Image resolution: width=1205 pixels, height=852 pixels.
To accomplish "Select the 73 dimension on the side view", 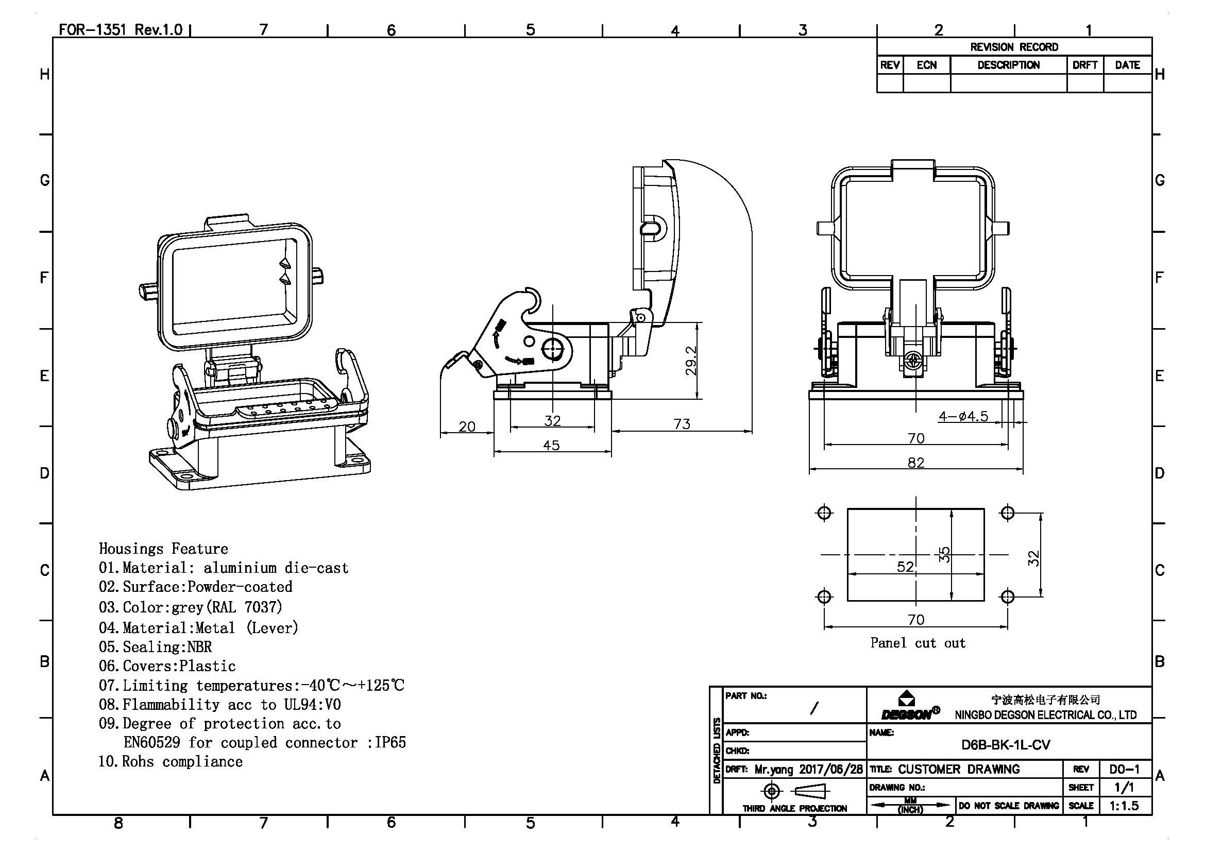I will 682,423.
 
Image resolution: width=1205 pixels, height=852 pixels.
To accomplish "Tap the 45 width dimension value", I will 551,445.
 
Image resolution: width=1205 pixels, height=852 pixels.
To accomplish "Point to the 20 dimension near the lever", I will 467,426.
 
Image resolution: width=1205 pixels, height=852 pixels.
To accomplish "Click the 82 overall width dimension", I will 916,462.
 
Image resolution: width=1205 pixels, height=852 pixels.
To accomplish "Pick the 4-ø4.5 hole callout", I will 963,416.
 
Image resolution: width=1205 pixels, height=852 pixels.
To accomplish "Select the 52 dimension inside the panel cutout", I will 905,566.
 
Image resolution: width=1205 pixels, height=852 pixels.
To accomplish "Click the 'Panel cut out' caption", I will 918,643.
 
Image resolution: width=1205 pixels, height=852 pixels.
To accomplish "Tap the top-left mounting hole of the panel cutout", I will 824,513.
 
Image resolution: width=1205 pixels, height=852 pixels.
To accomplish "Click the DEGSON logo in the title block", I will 910,707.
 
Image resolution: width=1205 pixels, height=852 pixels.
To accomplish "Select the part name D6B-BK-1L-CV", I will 1006,744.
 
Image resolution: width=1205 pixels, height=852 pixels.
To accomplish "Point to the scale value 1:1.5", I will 1124,805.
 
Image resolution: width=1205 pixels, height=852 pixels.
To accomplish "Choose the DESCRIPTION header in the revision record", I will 1008,65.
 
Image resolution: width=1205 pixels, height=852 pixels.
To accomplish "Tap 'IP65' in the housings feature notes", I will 390,742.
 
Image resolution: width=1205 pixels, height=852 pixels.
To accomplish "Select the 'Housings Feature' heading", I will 163,549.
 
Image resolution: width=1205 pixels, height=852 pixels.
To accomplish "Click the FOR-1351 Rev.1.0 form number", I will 120,29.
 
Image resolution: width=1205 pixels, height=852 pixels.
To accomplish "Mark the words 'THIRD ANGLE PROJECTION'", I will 794,808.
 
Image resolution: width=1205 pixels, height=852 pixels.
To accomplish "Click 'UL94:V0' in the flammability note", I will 312,704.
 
